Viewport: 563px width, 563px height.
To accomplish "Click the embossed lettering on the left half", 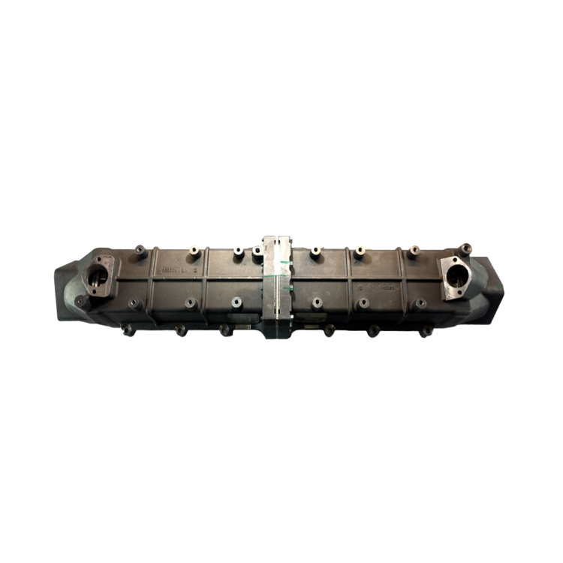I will tap(176, 266).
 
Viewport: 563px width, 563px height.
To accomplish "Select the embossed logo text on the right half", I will tap(375, 288).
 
